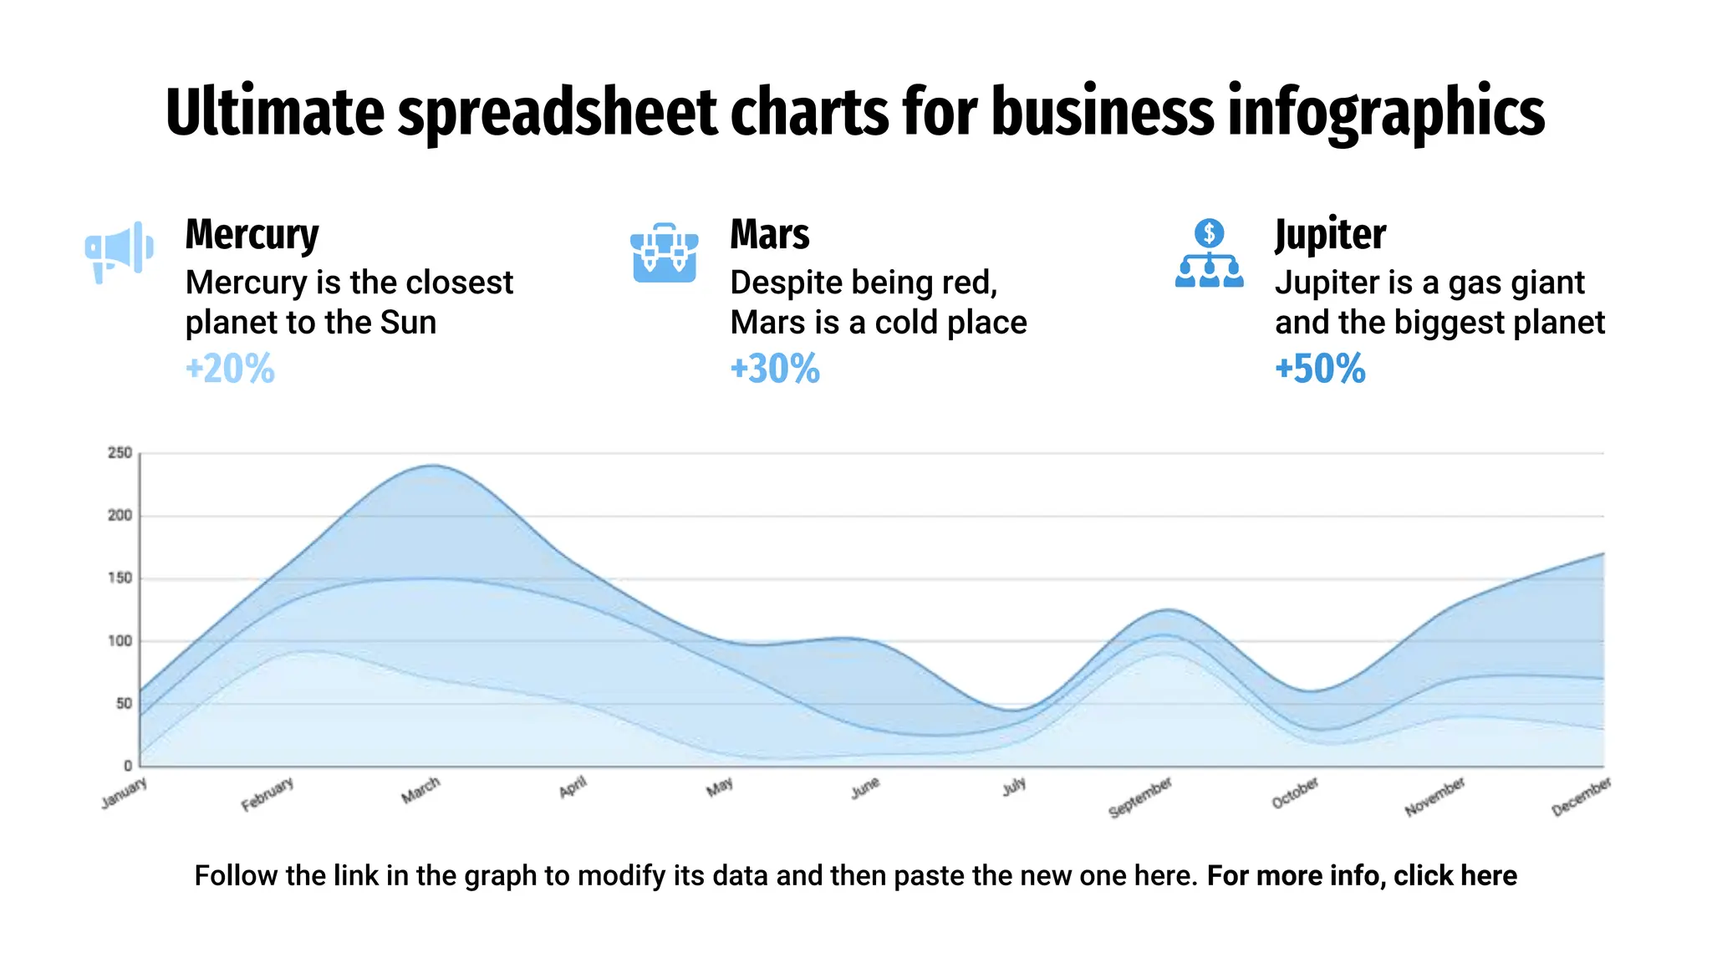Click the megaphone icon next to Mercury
[x=119, y=251]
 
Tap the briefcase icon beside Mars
[x=664, y=252]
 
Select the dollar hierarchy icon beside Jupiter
[x=1209, y=253]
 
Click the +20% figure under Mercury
[x=230, y=369]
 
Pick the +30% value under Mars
[x=775, y=369]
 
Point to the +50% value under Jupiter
[x=1320, y=369]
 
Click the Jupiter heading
[x=1330, y=234]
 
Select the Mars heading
[x=769, y=234]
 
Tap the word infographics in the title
[x=1385, y=112]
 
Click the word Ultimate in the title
[x=274, y=112]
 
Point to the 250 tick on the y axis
[x=120, y=453]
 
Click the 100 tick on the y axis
[x=120, y=641]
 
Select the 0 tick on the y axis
[x=127, y=766]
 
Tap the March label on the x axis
[x=420, y=790]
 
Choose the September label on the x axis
[x=1140, y=797]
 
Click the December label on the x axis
[x=1581, y=797]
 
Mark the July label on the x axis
[x=1014, y=787]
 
